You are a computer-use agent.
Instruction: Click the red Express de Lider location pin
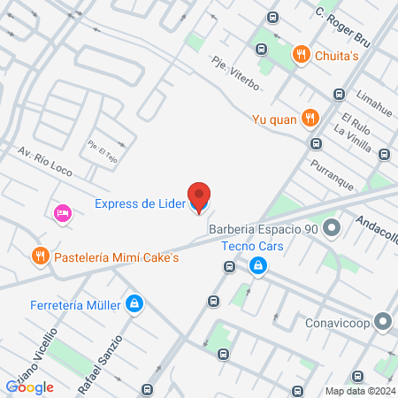click(199, 197)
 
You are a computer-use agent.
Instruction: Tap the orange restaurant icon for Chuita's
click(302, 56)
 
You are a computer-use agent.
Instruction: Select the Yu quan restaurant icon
click(310, 117)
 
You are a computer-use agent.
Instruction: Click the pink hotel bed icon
click(61, 213)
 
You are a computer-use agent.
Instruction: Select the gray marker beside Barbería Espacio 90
click(333, 230)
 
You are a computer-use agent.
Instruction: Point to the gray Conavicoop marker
click(382, 321)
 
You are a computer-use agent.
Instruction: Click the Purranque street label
click(332, 172)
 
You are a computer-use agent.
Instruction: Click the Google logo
click(29, 387)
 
